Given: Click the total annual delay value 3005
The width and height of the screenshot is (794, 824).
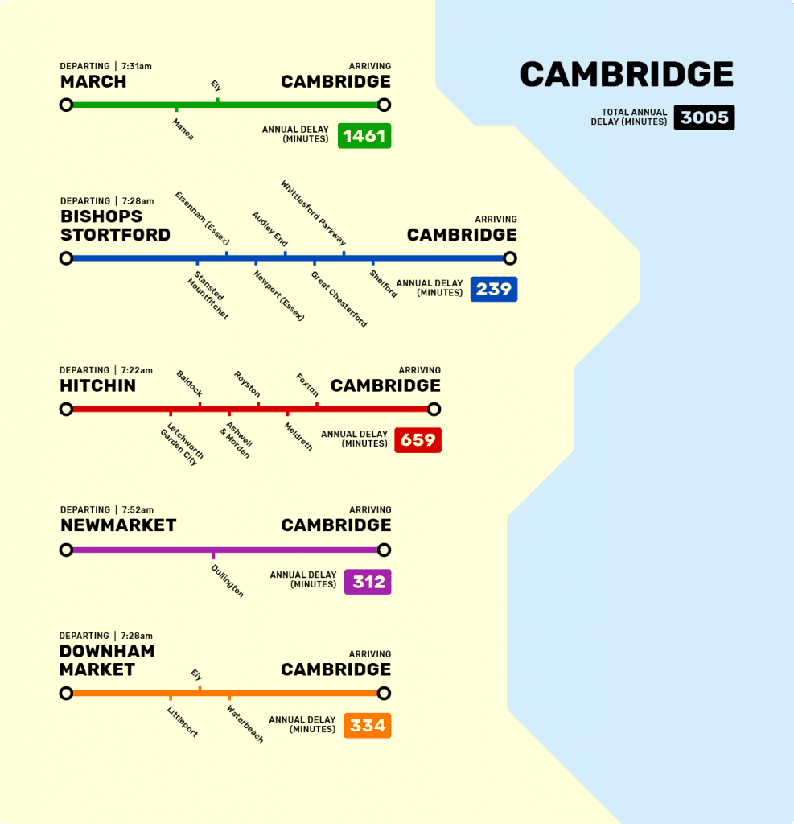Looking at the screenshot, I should point(704,117).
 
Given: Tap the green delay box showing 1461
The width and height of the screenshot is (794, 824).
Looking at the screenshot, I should point(364,136).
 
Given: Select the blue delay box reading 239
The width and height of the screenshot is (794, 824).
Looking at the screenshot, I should point(493,289).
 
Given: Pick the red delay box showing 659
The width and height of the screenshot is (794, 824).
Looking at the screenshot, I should point(418,440).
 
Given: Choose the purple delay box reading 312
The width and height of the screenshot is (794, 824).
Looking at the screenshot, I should point(368,582).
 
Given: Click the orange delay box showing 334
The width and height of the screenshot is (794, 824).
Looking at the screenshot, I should point(368,726).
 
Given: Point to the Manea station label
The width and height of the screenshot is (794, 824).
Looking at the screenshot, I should point(183,129).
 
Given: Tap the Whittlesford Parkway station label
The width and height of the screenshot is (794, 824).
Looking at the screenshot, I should point(313,213).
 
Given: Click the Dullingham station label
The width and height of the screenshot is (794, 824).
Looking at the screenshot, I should point(227,579).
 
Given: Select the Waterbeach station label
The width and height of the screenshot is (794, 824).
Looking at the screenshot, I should point(245,723).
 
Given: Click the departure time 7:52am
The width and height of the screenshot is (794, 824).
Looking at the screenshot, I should point(138,510).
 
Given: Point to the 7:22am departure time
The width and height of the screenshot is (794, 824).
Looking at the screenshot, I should point(137,370).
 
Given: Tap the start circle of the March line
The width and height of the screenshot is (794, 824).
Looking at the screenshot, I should point(66,105).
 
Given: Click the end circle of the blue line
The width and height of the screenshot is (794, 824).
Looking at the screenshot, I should point(509,258).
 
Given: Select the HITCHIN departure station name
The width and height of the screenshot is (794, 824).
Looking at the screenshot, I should point(98,386).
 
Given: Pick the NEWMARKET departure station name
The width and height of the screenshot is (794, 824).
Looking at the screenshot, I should point(118,525).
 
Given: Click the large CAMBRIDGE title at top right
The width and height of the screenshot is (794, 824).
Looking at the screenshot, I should point(627,75).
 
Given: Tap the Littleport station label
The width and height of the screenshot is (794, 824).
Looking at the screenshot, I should point(183,722).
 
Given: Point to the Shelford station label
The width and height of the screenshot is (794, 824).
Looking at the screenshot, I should point(383,283).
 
